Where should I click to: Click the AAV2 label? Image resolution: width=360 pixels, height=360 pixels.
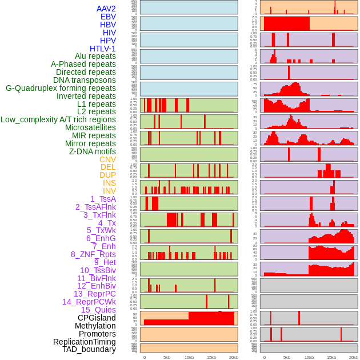[x=106, y=9]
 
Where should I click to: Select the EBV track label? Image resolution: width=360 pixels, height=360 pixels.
[x=108, y=17]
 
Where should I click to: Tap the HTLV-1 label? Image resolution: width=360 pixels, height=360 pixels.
[x=102, y=49]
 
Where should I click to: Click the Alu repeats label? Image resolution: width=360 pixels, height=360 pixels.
[x=95, y=56]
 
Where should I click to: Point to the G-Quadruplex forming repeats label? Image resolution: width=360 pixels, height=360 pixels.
[x=61, y=88]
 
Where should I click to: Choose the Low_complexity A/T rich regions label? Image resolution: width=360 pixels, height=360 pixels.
[x=58, y=119]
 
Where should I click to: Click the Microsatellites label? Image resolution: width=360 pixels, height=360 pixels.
[x=90, y=127]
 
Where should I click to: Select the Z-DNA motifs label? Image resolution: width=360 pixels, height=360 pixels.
[x=92, y=151]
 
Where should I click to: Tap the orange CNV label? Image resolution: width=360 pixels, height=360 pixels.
[x=107, y=159]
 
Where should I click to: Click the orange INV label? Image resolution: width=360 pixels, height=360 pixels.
[x=109, y=191]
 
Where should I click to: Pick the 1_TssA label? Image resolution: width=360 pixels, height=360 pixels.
[x=103, y=199]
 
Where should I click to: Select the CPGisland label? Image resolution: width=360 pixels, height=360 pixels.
[x=97, y=318]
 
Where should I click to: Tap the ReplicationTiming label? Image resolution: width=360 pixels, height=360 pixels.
[x=85, y=342]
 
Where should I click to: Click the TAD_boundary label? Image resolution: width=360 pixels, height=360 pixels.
[x=89, y=349]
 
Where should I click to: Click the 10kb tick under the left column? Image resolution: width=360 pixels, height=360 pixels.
[x=189, y=357]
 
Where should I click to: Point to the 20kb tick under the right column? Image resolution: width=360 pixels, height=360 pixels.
[x=354, y=357]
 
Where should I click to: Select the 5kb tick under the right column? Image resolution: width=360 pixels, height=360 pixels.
[x=286, y=357]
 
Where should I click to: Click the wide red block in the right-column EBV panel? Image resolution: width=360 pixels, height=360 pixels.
[x=286, y=23]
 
